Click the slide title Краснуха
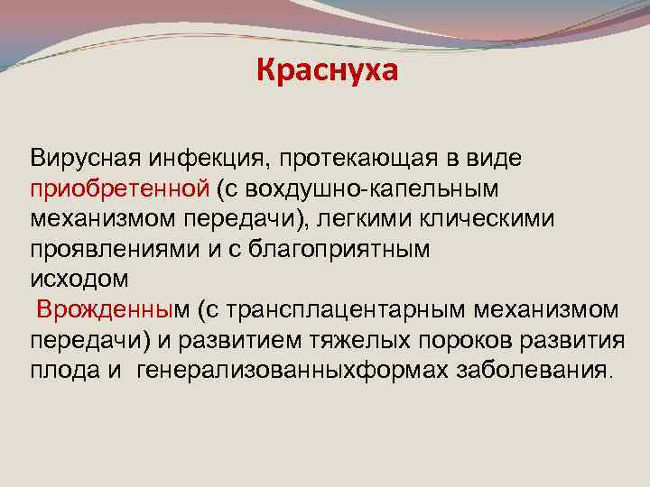click(326, 69)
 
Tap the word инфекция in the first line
click(198, 159)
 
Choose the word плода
click(62, 370)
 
